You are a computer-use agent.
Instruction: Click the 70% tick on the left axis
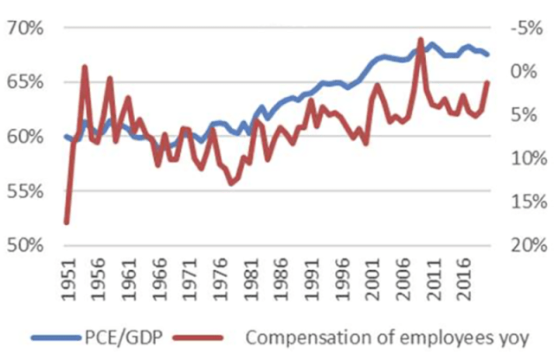pos(25,28)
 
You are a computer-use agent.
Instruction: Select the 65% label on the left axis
pos(25,82)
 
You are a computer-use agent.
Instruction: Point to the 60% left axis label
pos(25,137)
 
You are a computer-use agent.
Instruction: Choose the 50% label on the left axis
pos(25,245)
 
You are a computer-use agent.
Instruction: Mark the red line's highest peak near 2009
pos(421,39)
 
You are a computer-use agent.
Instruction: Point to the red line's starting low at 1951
pos(67,222)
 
